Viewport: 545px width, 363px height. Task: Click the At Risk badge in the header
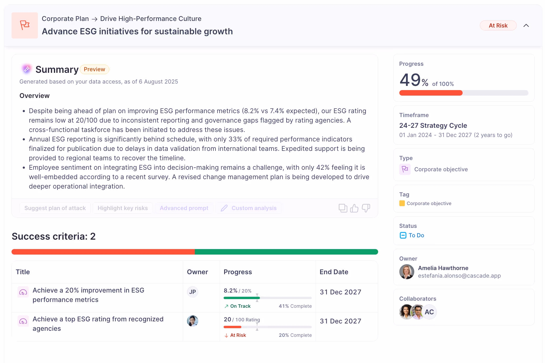coord(498,25)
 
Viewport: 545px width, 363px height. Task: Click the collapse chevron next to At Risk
coord(526,25)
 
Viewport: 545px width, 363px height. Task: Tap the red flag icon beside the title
coord(25,25)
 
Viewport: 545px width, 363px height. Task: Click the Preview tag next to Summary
coord(94,69)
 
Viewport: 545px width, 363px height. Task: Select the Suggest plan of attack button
coord(55,208)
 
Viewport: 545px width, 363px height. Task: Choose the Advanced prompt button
coord(184,208)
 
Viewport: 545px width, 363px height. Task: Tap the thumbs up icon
coord(354,208)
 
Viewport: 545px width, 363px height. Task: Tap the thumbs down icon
coord(366,208)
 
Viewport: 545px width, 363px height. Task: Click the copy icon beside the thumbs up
coord(343,208)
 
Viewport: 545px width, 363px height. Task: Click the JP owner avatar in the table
coord(192,292)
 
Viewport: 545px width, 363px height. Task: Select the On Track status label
coord(240,306)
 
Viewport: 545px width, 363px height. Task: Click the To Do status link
coord(416,235)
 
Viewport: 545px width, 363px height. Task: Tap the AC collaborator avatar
coord(429,312)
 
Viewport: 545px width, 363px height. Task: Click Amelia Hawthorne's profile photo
coord(407,272)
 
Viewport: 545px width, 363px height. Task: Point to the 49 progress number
coord(410,80)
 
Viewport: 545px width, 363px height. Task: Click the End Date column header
coord(334,272)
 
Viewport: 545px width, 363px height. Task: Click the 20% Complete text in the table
coord(295,335)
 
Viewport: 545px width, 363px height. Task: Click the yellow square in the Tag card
coord(402,203)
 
